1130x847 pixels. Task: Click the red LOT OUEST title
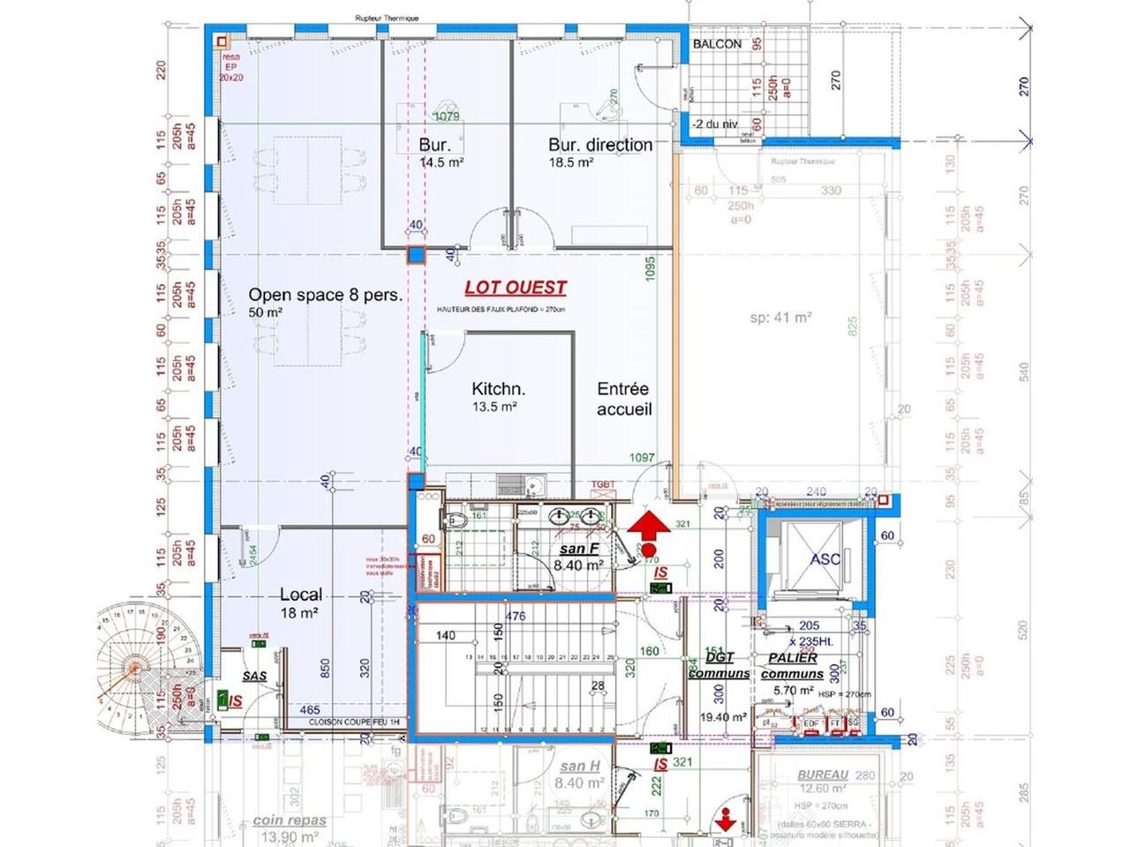516,288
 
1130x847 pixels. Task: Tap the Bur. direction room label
600,145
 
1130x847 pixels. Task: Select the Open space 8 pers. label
324,295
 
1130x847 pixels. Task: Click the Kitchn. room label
498,389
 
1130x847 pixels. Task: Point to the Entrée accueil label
623,399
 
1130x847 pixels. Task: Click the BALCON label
717,44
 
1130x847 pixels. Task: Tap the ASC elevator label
825,559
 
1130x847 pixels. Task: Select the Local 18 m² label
300,603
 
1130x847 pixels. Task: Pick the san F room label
579,550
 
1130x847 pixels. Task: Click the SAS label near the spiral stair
254,677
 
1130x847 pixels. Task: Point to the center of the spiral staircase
135,667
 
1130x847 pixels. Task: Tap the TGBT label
603,485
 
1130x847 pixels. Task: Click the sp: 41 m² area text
780,318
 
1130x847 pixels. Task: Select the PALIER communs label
792,666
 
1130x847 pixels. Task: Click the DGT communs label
719,665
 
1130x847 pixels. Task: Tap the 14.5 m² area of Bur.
442,162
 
